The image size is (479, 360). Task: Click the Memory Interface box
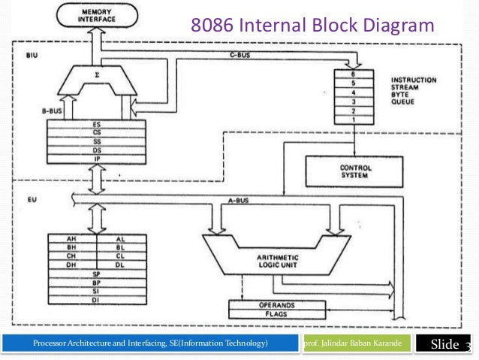[95, 14]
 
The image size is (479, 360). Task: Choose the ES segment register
[98, 123]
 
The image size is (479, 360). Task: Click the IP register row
[98, 159]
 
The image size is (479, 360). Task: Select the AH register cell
[73, 237]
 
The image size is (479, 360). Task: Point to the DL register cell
[120, 264]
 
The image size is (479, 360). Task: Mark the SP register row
[97, 274]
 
